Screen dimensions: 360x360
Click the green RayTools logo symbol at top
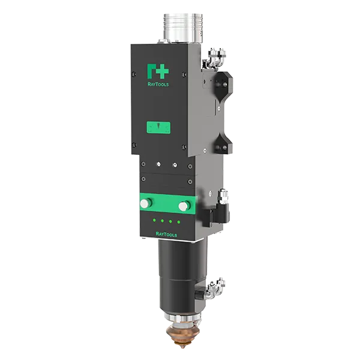click(x=158, y=71)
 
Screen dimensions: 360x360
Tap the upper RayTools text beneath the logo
click(x=158, y=85)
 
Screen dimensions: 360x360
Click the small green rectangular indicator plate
click(x=158, y=127)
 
